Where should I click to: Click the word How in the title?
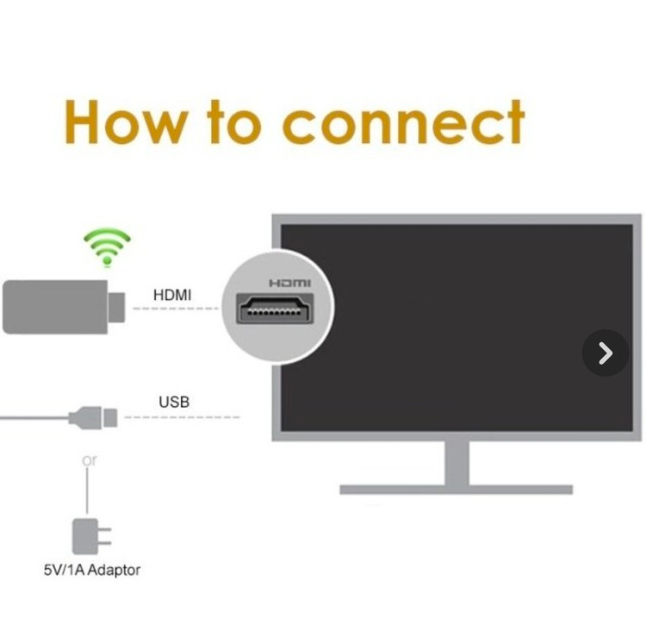(x=124, y=122)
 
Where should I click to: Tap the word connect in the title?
(x=404, y=122)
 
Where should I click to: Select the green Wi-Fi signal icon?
(x=107, y=247)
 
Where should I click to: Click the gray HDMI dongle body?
(x=55, y=307)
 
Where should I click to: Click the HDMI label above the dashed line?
(x=172, y=295)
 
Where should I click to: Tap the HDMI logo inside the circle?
(x=289, y=283)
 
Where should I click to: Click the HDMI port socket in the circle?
(x=275, y=309)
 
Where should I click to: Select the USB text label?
(x=174, y=402)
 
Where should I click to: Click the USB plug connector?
(x=93, y=418)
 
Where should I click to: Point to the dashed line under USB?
(x=182, y=417)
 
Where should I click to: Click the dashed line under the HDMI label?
(x=176, y=309)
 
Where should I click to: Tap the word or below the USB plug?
(x=90, y=460)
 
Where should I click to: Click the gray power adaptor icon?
(x=91, y=536)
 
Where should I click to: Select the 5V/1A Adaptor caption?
(x=92, y=571)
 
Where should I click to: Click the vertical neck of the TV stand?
(x=457, y=464)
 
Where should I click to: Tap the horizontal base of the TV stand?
(x=456, y=490)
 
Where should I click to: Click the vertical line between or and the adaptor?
(x=87, y=490)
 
